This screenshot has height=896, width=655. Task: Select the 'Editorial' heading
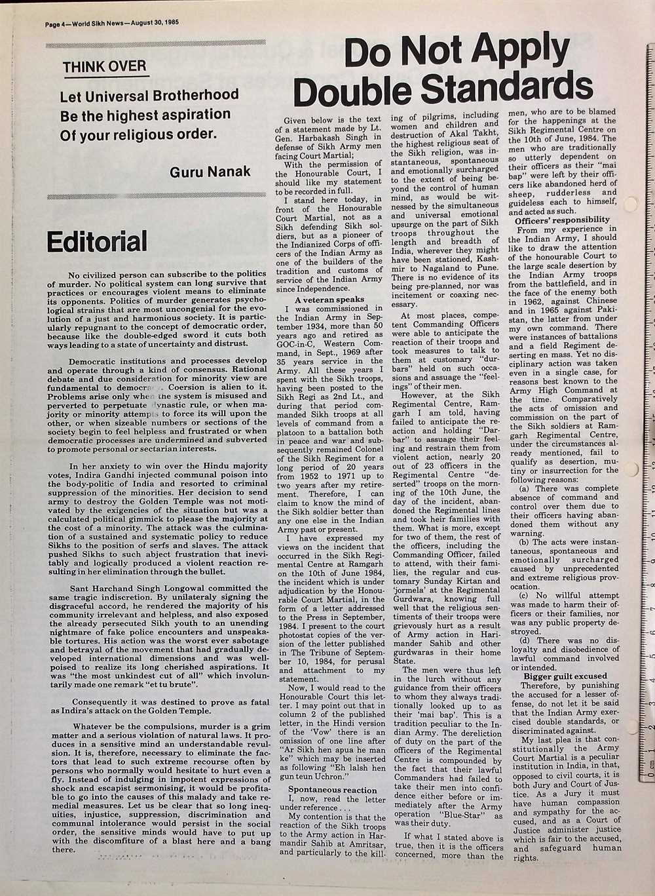[97, 241]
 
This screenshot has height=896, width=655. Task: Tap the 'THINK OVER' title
[105, 67]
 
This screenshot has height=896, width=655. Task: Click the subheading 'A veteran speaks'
[329, 300]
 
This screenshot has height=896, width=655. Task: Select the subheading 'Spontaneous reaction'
[332, 790]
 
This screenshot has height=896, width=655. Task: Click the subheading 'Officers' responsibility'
[562, 220]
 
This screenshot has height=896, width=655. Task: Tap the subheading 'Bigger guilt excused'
[565, 676]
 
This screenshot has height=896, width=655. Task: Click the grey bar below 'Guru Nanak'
[155, 195]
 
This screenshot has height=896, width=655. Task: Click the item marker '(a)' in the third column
[524, 489]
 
